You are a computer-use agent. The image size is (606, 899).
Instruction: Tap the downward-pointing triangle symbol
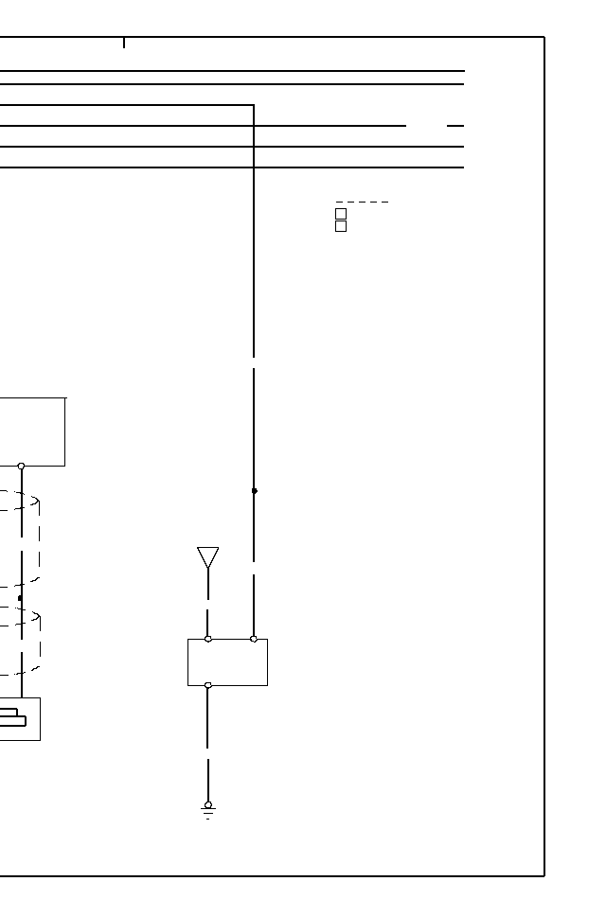coord(208,556)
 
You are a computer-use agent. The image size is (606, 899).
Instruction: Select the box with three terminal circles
coord(227,661)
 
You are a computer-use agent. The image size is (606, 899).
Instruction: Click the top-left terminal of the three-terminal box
coord(208,639)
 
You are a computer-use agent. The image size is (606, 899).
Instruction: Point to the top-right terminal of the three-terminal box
coord(254,639)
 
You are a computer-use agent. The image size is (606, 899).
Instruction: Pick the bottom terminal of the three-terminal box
coord(208,685)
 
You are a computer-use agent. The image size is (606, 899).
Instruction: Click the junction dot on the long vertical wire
coord(254,490)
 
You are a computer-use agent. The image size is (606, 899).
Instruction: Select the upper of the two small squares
coord(341,214)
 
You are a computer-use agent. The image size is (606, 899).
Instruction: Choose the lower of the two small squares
coord(341,226)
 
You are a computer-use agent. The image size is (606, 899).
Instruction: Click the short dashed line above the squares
coord(362,202)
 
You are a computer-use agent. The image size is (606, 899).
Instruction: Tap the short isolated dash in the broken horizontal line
coord(455,125)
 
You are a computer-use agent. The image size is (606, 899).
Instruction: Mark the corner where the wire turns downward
coord(254,105)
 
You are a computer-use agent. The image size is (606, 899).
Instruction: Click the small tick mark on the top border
coord(124,43)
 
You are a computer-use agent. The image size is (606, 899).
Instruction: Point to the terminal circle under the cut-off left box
coord(21,466)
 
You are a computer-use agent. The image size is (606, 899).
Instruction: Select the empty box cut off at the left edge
coord(32,432)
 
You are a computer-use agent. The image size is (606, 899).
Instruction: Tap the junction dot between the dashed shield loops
coord(20,598)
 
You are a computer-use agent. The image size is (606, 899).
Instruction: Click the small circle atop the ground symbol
coord(208,804)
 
